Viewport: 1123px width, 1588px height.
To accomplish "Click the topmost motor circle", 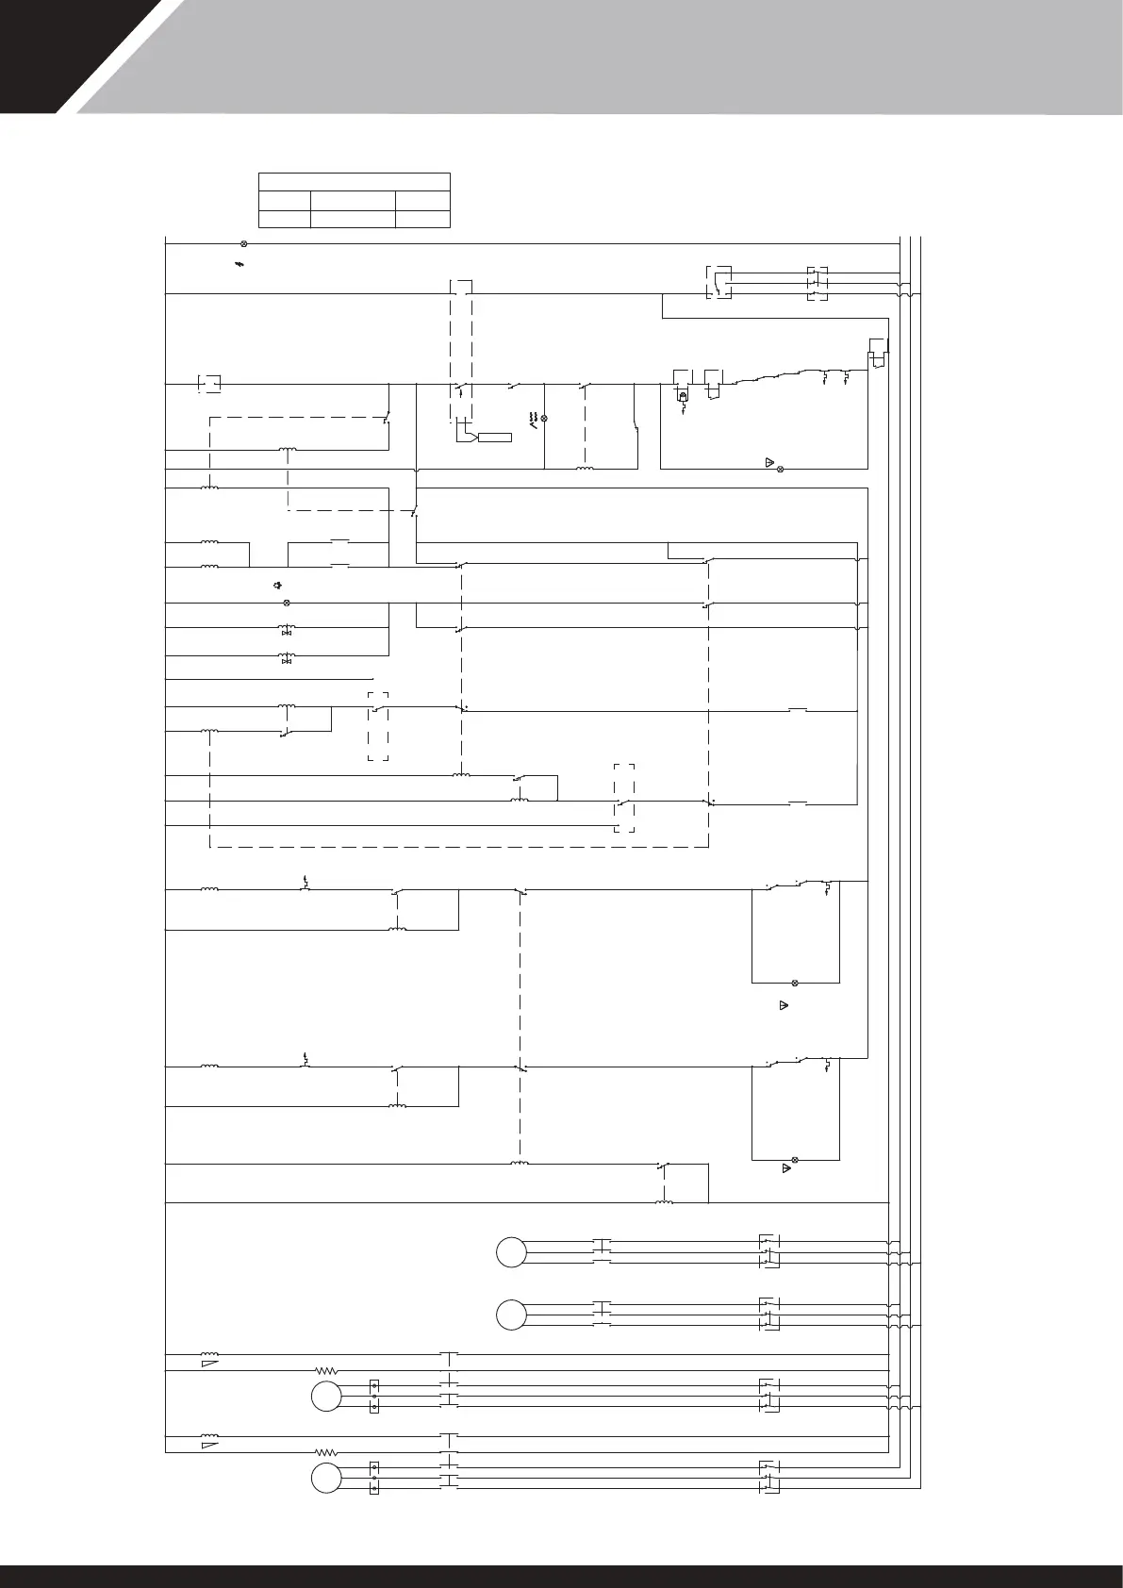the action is pyautogui.click(x=511, y=1250).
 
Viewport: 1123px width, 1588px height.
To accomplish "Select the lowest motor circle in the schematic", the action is pyautogui.click(x=326, y=1479).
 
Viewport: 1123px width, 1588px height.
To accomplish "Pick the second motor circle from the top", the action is pyautogui.click(x=511, y=1315).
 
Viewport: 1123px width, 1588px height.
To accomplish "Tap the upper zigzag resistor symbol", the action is pyautogui.click(x=326, y=1370).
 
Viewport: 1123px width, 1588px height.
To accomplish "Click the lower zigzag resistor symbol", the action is pyautogui.click(x=326, y=1453).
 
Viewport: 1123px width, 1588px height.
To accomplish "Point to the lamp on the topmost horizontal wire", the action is pyautogui.click(x=244, y=243).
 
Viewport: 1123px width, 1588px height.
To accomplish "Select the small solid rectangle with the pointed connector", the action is pyautogui.click(x=494, y=437).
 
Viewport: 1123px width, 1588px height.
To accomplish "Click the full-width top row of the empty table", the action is pyautogui.click(x=355, y=182).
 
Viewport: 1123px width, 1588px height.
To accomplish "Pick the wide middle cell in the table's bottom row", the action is pyautogui.click(x=353, y=219).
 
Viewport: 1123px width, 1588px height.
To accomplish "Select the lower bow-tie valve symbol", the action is pyautogui.click(x=288, y=660).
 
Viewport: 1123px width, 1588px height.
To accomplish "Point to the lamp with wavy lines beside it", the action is pyautogui.click(x=544, y=418).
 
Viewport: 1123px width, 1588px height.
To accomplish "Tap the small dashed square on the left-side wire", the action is pyautogui.click(x=209, y=383).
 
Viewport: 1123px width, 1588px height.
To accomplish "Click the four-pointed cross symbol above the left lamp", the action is pyautogui.click(x=277, y=586).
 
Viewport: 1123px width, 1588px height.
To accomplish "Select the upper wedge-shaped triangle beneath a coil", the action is pyautogui.click(x=209, y=1364).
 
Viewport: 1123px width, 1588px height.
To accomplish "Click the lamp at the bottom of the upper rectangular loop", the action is pyautogui.click(x=794, y=983).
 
